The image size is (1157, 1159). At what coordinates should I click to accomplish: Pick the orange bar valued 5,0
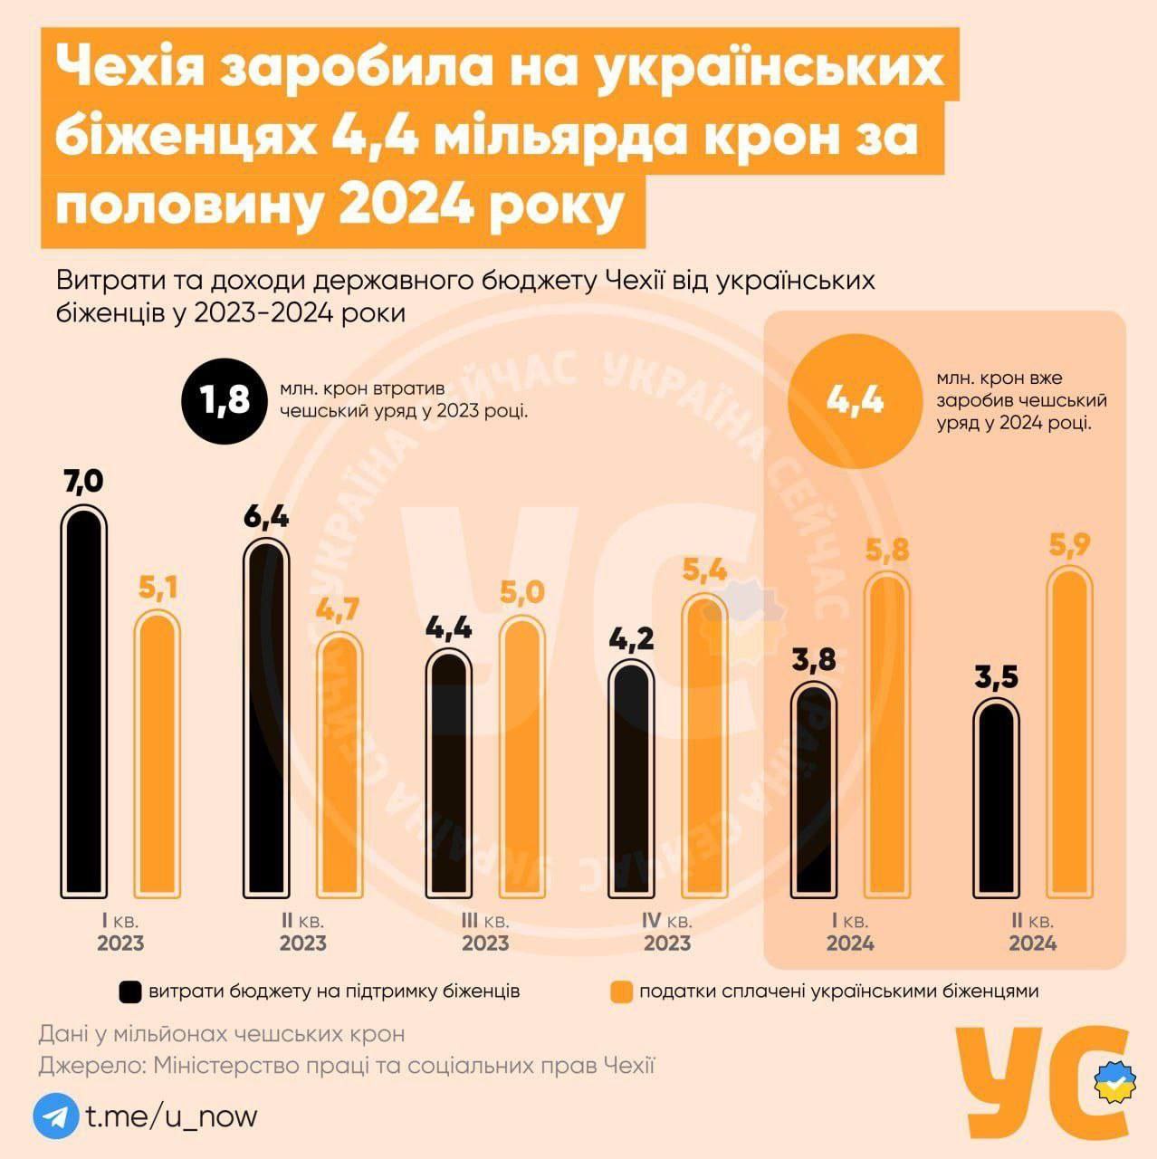click(522, 757)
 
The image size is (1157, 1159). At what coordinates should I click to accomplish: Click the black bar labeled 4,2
click(632, 779)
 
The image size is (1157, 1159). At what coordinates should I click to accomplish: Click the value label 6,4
click(266, 517)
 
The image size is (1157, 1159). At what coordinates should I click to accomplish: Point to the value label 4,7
click(338, 609)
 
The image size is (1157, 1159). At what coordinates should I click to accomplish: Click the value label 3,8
click(813, 661)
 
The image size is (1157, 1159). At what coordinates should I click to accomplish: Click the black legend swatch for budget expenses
click(129, 991)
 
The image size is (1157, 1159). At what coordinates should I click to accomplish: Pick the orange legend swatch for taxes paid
click(621, 991)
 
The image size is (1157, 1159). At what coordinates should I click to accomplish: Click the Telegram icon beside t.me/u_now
click(55, 1116)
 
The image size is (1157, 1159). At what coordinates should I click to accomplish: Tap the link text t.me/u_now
click(172, 1116)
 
